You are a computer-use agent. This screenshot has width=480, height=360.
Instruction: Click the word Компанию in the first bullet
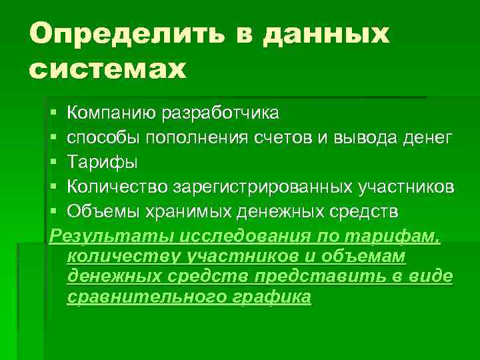pyautogui.click(x=111, y=112)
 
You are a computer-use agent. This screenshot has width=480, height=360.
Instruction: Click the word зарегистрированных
pyautogui.click(x=254, y=187)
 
